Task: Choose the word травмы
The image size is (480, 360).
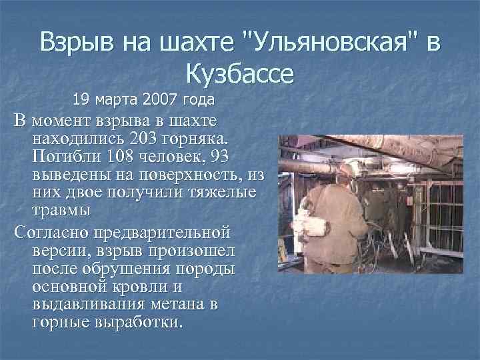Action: tap(59, 210)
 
